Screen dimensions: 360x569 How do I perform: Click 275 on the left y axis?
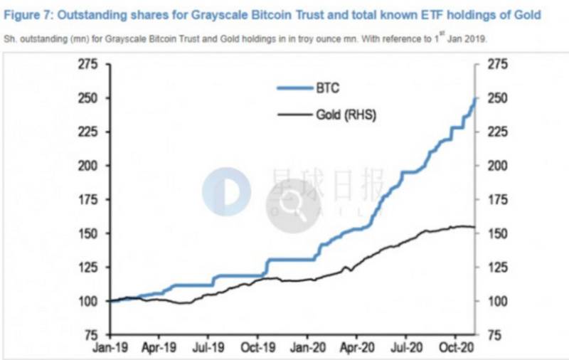(87, 65)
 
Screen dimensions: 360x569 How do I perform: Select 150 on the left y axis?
(87, 233)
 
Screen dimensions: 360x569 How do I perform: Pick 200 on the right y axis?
(496, 166)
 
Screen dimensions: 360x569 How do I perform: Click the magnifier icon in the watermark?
(293, 206)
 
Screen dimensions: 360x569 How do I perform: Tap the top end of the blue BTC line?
(474, 99)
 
